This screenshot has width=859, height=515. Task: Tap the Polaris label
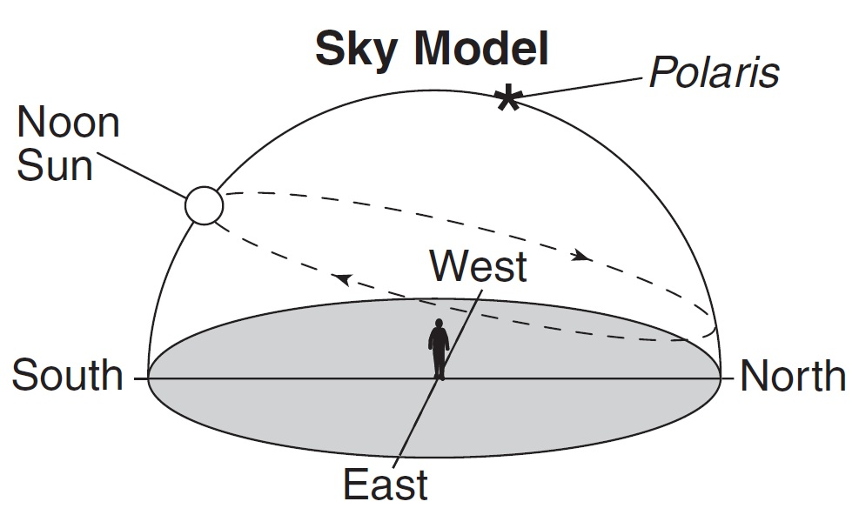[713, 73]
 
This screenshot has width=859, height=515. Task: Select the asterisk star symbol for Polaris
[507, 99]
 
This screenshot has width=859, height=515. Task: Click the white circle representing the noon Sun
[205, 206]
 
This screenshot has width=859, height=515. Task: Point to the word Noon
[68, 124]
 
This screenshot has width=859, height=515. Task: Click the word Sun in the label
[54, 165]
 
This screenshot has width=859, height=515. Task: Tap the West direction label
[479, 266]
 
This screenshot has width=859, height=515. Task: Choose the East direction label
[385, 485]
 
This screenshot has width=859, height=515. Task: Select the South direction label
[68, 376]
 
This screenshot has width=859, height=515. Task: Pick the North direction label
[792, 376]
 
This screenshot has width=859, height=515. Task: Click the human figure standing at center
[440, 349]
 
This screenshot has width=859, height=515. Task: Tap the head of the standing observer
[440, 324]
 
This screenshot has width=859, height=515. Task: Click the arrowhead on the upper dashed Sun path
[582, 257]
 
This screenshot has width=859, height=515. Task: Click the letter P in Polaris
[660, 73]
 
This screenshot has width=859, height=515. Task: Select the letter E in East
[353, 485]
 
